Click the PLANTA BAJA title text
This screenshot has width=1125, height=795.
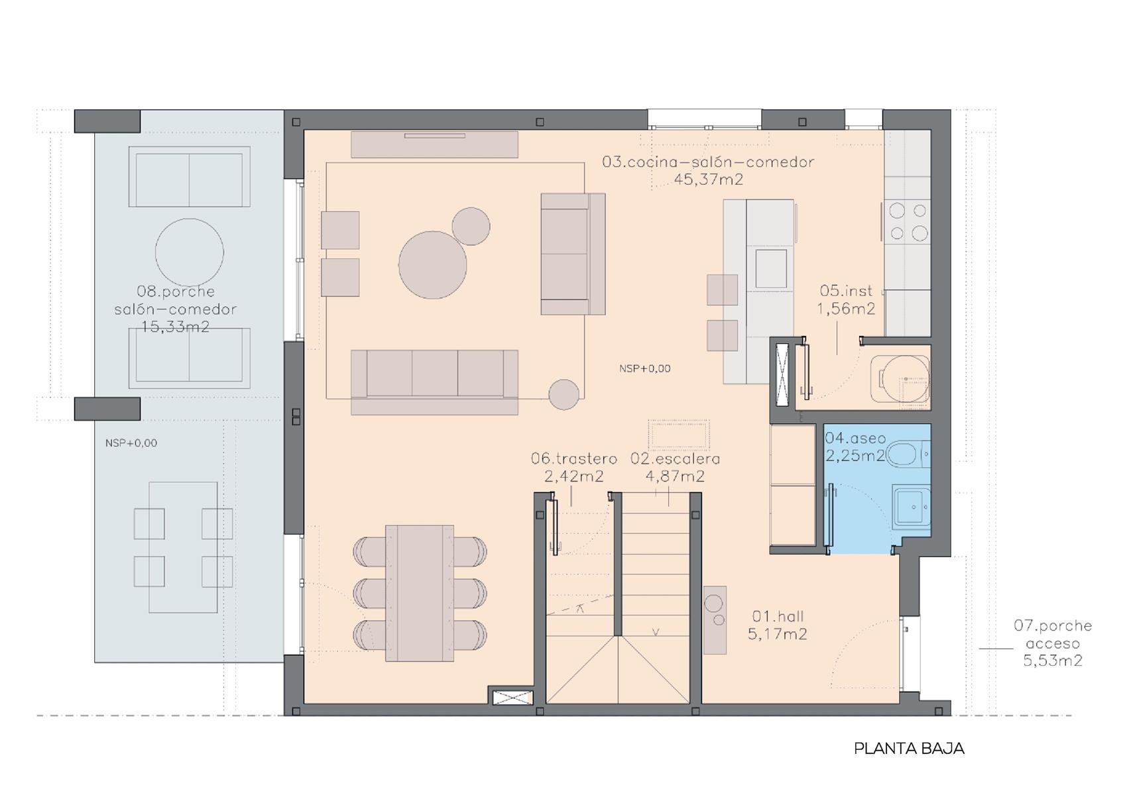[909, 749]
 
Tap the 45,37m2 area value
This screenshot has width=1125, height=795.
[708, 179]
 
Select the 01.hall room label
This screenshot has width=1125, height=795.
[778, 616]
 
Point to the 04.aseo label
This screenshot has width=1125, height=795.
[855, 438]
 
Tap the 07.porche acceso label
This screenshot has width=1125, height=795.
[1053, 635]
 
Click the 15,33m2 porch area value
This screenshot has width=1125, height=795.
[175, 327]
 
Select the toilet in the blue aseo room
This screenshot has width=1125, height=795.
[908, 454]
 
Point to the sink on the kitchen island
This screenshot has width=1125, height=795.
[771, 269]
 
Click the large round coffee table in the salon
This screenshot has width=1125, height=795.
[432, 265]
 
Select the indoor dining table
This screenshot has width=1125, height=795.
[420, 593]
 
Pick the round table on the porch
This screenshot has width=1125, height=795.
[190, 252]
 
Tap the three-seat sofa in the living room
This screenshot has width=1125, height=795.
[434, 382]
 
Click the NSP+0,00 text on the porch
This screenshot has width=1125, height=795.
[131, 443]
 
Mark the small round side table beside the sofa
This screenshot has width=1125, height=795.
[563, 394]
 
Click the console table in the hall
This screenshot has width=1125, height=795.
[715, 620]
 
